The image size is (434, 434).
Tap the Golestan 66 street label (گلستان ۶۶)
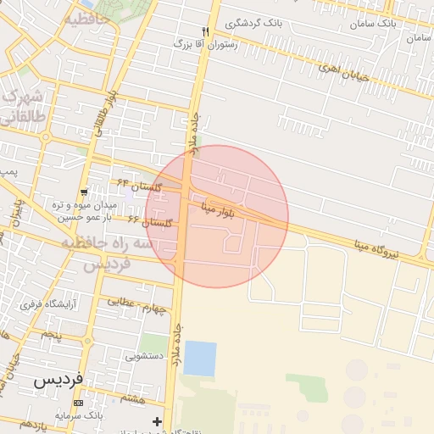150,221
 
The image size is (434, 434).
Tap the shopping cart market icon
82,192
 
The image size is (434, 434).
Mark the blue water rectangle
200,358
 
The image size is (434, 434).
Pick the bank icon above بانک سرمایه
78,403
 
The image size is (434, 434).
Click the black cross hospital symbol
157,421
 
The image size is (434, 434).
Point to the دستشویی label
144,357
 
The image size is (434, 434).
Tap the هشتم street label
132,398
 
